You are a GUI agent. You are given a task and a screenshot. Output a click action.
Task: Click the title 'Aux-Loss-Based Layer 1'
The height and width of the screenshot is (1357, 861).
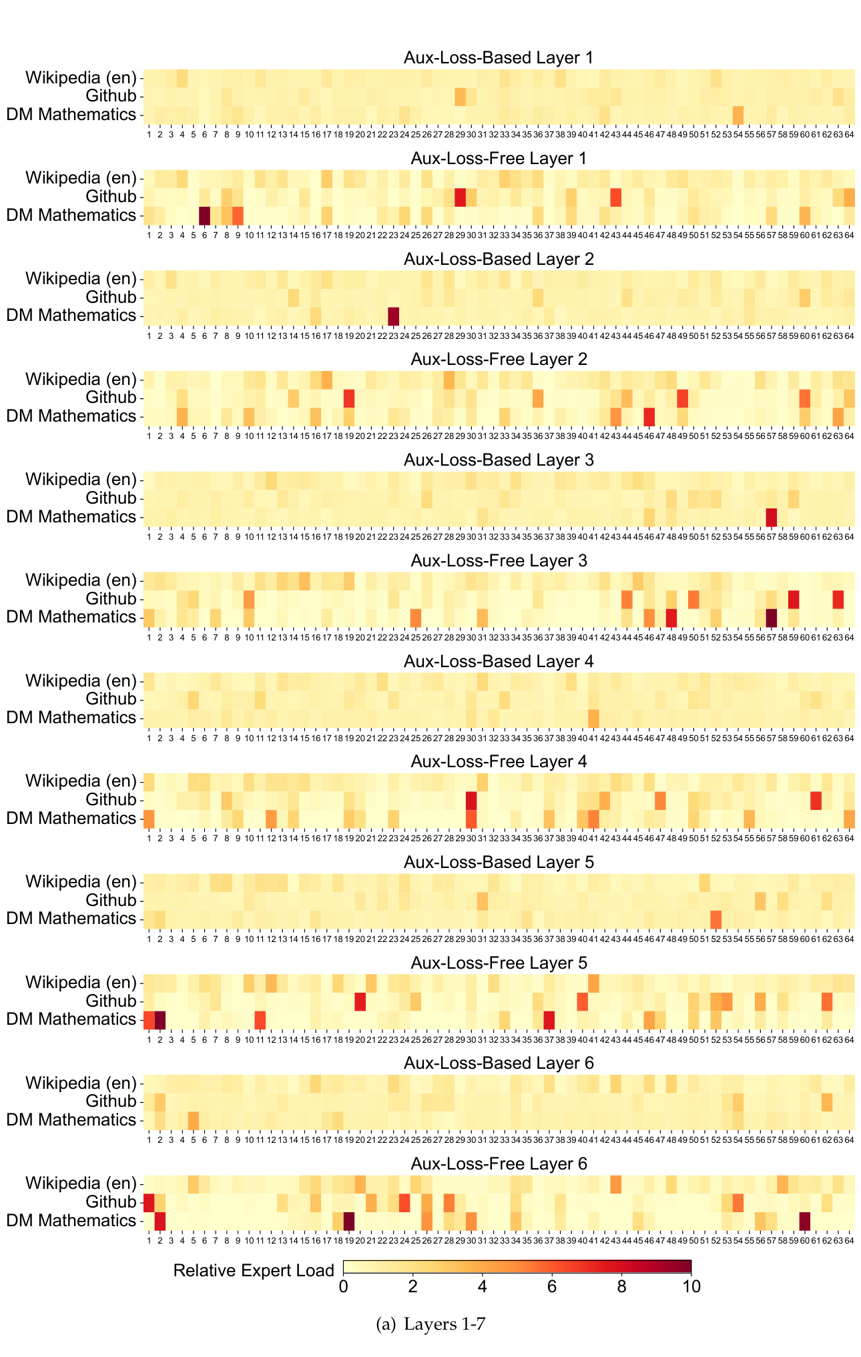[x=498, y=57]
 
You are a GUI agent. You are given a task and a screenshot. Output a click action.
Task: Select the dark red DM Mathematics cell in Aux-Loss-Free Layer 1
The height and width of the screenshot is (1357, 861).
[x=204, y=215]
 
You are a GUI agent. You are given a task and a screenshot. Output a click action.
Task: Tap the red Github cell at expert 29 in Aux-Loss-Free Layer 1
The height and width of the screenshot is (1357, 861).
[x=460, y=197]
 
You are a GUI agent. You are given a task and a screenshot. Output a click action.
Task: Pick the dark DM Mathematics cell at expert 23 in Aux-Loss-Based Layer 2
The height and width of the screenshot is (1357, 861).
[x=393, y=316]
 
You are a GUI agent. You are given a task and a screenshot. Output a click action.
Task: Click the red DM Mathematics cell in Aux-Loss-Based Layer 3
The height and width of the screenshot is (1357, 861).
[x=772, y=517]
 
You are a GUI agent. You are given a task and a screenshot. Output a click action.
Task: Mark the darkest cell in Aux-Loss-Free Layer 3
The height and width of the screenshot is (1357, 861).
[x=772, y=617]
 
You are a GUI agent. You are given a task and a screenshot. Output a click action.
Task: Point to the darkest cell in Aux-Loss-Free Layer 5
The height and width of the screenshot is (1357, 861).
[x=160, y=1019]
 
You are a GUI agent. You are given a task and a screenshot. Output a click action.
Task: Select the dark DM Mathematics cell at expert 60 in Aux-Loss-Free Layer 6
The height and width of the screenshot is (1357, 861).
[x=805, y=1221]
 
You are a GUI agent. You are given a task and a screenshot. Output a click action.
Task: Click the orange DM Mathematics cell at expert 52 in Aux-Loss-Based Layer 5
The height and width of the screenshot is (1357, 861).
[x=715, y=919]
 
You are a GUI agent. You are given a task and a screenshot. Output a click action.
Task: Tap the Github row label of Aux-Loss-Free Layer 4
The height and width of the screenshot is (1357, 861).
[x=110, y=800]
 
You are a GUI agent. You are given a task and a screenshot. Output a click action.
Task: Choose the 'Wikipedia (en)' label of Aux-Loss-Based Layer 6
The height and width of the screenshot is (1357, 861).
[x=80, y=1083]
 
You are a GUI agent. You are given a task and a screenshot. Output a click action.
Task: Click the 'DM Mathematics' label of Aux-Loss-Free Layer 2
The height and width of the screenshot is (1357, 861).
[x=71, y=416]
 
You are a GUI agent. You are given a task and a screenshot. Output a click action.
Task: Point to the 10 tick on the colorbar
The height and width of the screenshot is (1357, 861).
[x=691, y=1286]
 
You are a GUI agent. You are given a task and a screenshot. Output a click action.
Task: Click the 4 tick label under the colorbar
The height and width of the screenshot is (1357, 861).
[x=483, y=1286]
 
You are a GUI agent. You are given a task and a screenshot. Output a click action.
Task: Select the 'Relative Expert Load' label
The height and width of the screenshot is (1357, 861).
[x=254, y=1270]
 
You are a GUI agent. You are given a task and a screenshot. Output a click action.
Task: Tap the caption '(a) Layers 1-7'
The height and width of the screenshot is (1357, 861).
[x=431, y=1324]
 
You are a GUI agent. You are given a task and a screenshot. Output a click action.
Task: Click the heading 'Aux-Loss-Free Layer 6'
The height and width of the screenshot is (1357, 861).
[x=498, y=1164]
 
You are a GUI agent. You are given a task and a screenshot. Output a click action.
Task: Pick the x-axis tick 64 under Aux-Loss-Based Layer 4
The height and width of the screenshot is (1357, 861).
[x=849, y=738]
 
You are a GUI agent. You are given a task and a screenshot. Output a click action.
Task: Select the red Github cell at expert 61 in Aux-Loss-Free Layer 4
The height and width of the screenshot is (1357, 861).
[x=816, y=800]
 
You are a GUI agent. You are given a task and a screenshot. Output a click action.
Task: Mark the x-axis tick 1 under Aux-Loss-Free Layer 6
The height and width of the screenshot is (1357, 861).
[x=149, y=1241]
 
